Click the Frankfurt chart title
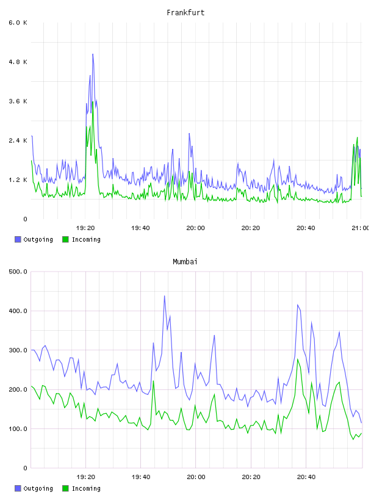coord(185,13)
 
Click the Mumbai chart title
coord(185,262)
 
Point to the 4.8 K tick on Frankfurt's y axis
coord(18,62)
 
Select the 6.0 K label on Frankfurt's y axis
coord(18,23)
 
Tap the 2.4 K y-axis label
coord(18,140)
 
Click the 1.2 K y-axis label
coord(18,180)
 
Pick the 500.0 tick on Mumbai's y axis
coord(18,272)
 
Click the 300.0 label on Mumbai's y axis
coord(18,350)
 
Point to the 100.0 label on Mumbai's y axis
coord(18,429)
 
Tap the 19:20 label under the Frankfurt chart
coord(85,228)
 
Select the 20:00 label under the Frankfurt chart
coord(196,228)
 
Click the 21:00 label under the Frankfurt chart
coord(360,228)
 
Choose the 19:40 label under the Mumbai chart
coord(141,477)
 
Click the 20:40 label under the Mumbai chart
coord(306,477)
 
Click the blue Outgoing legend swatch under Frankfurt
coord(18,239)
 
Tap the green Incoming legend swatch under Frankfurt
coord(65,239)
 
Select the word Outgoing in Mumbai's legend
coord(38,488)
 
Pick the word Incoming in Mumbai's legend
coord(86,488)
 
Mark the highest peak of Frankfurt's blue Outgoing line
coord(93,54)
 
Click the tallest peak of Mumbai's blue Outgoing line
coord(165,296)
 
